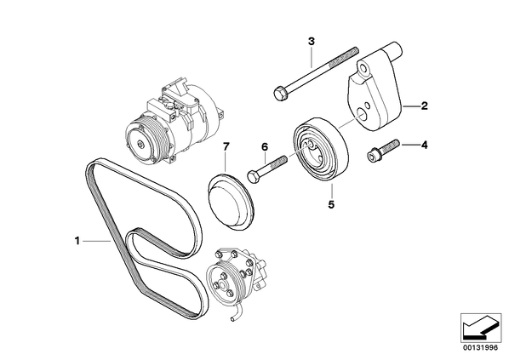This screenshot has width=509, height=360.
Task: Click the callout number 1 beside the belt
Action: (x=77, y=241)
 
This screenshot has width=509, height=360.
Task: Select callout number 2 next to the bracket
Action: (x=424, y=106)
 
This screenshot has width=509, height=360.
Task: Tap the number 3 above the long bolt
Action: (x=312, y=42)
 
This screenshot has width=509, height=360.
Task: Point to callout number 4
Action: (x=424, y=145)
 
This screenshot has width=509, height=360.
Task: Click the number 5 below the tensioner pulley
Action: (x=331, y=204)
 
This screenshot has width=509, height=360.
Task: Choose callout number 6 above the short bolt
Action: (x=265, y=147)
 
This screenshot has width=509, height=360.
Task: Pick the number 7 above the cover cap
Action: (x=226, y=146)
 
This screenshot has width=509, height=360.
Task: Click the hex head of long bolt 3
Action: (x=280, y=94)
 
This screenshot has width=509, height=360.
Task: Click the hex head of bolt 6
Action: (x=253, y=176)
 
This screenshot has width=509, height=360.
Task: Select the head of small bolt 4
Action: (x=373, y=155)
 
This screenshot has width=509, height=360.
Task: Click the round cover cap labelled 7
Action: (x=230, y=202)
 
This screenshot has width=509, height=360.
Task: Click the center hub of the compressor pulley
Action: (x=140, y=144)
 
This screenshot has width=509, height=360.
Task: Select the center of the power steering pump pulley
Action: (x=222, y=285)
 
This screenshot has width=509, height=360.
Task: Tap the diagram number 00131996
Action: (x=481, y=348)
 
